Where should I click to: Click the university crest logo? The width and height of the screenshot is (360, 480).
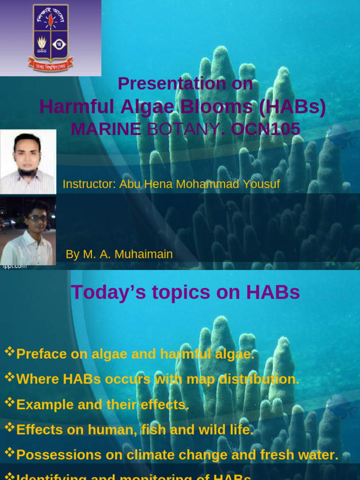51,37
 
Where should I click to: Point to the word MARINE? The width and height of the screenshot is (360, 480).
105,129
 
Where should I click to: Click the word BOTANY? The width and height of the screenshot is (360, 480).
183,129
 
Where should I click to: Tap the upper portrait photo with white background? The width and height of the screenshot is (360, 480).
28,162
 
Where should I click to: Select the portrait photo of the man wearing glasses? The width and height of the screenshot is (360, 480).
28,231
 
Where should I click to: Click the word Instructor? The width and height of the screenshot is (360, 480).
89,184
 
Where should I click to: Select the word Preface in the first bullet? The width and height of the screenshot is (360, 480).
41,354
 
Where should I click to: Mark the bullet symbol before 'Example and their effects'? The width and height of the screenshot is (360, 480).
9,401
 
